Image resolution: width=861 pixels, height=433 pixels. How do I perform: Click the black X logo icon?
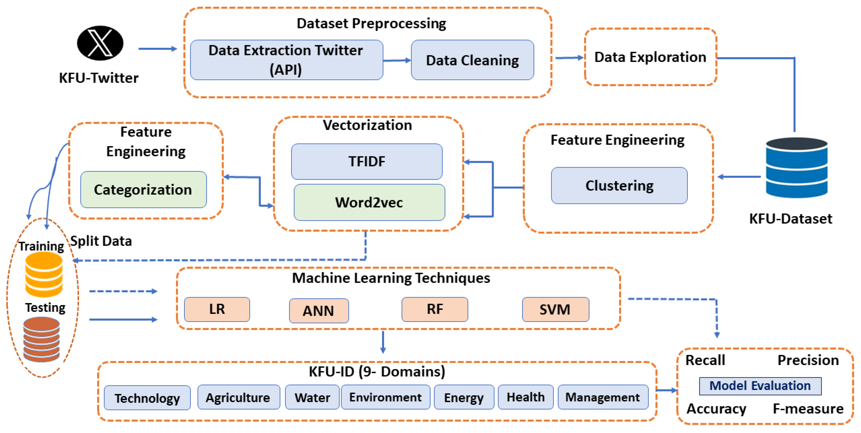tap(100, 43)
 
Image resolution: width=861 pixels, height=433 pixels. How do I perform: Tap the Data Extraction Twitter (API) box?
tap(286, 60)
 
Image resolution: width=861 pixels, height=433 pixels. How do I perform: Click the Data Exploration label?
tap(650, 57)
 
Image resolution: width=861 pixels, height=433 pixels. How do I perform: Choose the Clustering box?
tap(619, 186)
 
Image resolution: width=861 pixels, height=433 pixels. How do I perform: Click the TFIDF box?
tap(367, 162)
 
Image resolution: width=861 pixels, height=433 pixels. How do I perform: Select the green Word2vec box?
tap(369, 202)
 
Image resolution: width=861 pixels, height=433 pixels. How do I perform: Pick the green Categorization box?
tap(143, 190)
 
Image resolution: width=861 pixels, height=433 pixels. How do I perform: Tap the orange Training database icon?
tap(44, 274)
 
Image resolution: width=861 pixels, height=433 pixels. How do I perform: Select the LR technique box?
tap(217, 309)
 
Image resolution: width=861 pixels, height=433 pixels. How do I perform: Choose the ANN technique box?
tap(319, 311)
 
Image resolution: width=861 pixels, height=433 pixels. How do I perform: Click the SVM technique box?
tap(555, 309)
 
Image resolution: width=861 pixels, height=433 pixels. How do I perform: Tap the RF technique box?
tap(435, 309)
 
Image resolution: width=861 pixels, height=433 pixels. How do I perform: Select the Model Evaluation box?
tap(760, 386)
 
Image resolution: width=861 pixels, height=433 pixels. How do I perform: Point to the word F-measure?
tap(808, 409)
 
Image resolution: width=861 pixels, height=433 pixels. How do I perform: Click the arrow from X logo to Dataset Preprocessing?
tap(157, 49)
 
